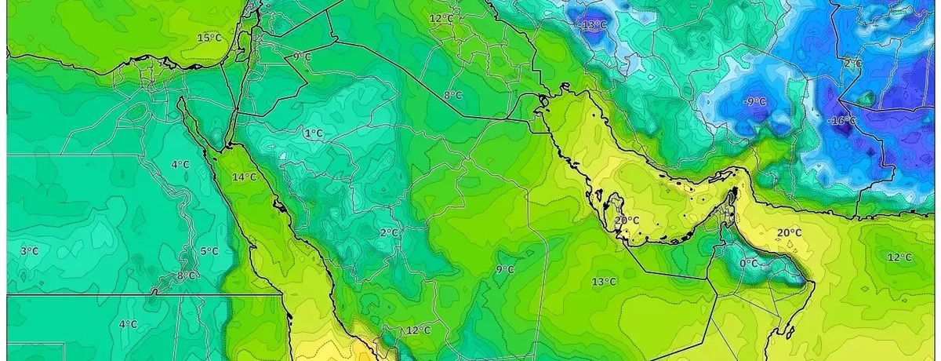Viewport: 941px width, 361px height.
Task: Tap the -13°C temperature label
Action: tap(593, 25)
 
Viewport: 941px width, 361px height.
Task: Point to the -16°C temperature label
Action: tap(842, 120)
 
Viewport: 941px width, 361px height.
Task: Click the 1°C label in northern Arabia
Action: tap(313, 133)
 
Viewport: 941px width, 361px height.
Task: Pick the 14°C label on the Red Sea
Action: tap(244, 177)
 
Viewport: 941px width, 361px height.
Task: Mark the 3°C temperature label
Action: tap(29, 251)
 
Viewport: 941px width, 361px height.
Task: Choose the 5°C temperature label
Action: tap(209, 251)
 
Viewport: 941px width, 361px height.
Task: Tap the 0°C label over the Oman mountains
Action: tap(748, 264)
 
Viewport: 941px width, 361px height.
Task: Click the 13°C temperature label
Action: tap(603, 282)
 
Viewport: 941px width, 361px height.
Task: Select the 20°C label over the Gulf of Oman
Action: tap(789, 233)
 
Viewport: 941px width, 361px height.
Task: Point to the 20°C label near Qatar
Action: tap(627, 221)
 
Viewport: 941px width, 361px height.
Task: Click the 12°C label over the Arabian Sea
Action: tap(899, 257)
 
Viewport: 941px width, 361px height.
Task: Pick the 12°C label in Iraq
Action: tap(441, 18)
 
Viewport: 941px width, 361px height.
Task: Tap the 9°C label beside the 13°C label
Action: tap(505, 270)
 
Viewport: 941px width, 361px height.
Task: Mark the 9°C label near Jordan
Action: tap(302, 57)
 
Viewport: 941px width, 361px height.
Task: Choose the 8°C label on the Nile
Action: tap(186, 275)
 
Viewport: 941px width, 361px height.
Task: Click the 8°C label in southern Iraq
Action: tap(452, 96)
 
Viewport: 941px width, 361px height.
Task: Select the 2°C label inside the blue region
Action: tap(853, 63)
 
